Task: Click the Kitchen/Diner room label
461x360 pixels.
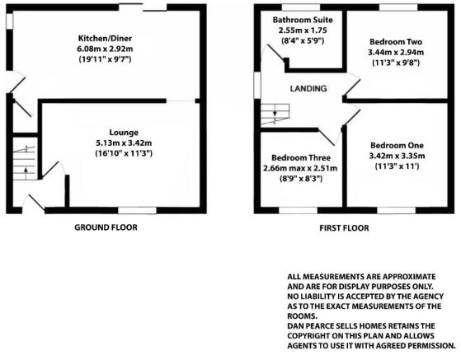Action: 105,39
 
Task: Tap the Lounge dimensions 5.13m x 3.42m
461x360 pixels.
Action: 124,143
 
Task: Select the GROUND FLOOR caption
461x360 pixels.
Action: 106,227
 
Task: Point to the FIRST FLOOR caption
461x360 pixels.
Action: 344,228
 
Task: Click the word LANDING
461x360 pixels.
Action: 308,88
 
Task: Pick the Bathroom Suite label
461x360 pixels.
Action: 303,20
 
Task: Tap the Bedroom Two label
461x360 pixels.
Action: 396,42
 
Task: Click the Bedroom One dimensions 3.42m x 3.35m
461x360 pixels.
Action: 397,156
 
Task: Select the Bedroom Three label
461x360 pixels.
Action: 301,157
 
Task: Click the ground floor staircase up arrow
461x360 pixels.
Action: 26,173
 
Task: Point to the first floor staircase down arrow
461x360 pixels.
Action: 275,110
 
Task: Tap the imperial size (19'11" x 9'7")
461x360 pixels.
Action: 105,59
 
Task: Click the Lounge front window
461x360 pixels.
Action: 137,210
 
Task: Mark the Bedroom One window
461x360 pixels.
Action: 397,210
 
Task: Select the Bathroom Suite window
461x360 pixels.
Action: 301,7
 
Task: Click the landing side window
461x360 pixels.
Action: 257,85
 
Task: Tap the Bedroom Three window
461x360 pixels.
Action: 298,210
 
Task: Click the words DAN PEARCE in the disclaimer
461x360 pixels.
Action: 314,326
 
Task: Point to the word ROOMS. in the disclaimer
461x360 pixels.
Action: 302,316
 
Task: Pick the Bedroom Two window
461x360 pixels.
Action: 398,7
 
